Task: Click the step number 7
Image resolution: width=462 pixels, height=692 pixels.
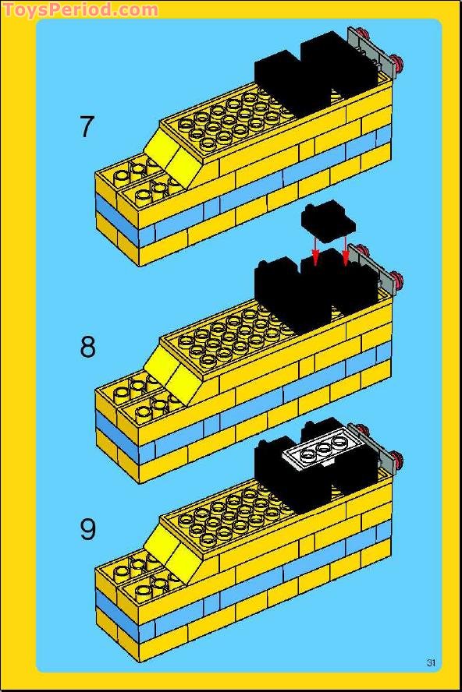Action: click(87, 126)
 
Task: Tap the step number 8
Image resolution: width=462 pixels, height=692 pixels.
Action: click(87, 347)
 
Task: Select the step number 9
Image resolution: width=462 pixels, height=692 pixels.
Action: click(87, 530)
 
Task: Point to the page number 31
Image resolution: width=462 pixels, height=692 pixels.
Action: click(431, 663)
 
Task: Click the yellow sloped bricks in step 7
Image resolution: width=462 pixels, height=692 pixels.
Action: click(172, 155)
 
